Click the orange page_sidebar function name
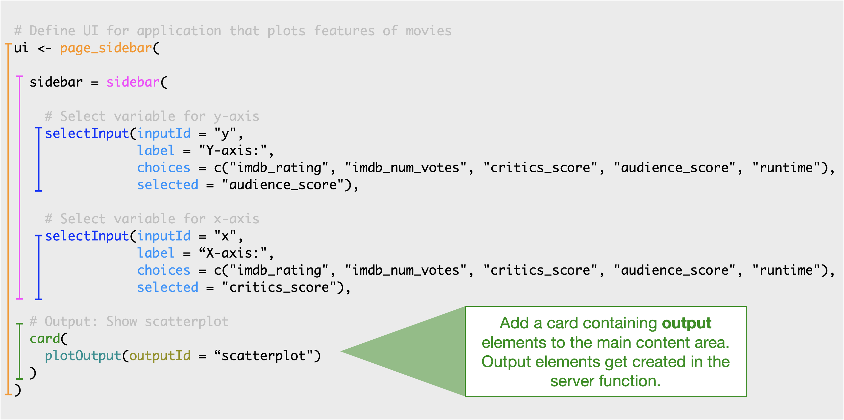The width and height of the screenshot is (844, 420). pyautogui.click(x=106, y=48)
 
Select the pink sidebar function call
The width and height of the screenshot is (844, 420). pyautogui.click(x=133, y=82)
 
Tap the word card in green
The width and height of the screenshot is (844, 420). pyautogui.click(x=45, y=339)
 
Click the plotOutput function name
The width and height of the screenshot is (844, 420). pyautogui.click(x=83, y=356)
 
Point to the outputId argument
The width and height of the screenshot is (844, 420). pyautogui.click(x=160, y=356)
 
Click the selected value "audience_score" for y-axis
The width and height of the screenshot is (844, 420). pyautogui.click(x=282, y=185)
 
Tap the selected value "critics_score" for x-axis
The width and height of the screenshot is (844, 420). pyautogui.click(x=278, y=287)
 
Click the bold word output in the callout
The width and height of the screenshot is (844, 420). pyautogui.click(x=686, y=323)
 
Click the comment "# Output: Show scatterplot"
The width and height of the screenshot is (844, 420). pyautogui.click(x=129, y=322)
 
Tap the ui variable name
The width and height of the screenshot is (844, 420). pyautogui.click(x=21, y=48)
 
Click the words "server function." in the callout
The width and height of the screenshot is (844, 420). pyautogui.click(x=605, y=381)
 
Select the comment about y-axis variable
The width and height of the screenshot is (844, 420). pyautogui.click(x=152, y=116)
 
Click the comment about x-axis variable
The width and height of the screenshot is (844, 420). pyautogui.click(x=152, y=219)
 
